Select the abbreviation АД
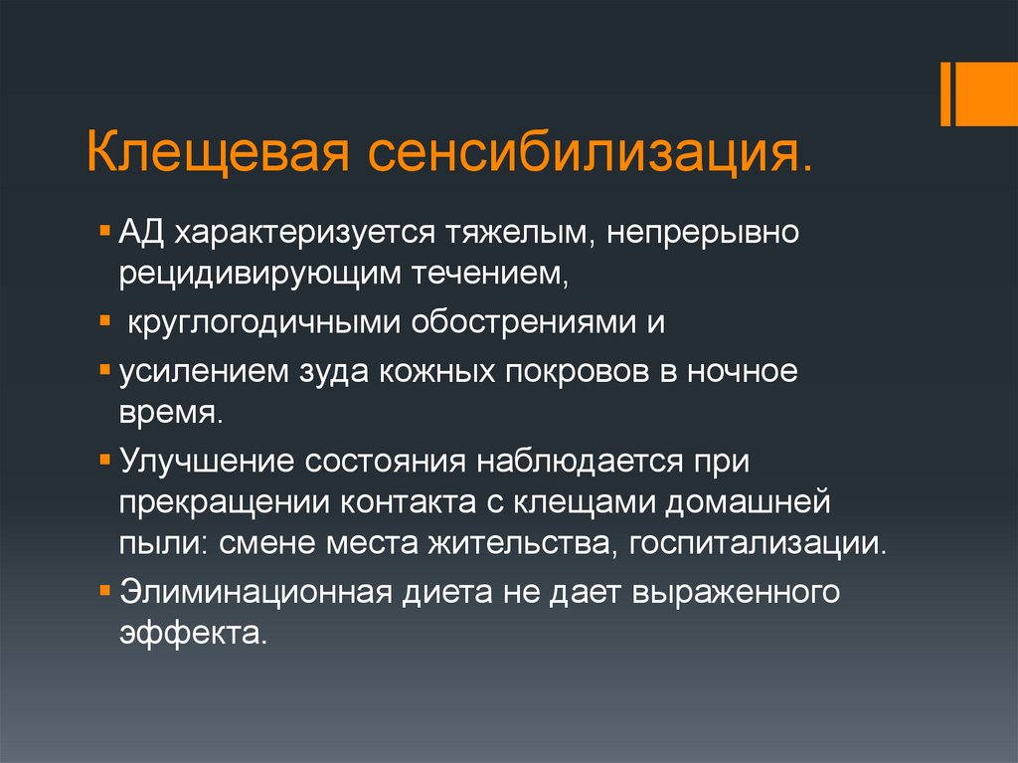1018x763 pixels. [141, 232]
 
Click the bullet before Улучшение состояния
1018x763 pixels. [106, 458]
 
